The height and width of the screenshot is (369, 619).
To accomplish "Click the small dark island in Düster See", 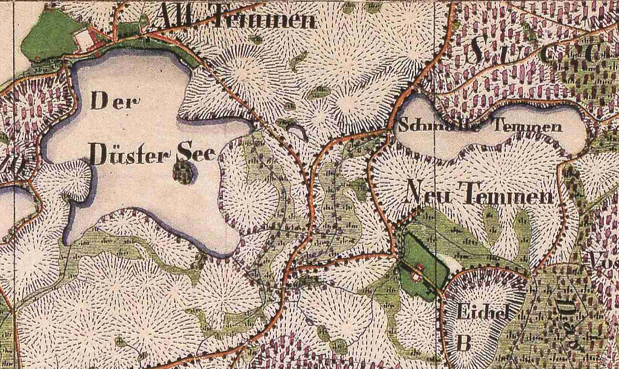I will tap(183, 174).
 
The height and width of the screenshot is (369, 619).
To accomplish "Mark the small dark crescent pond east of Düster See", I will tap(298, 131).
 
